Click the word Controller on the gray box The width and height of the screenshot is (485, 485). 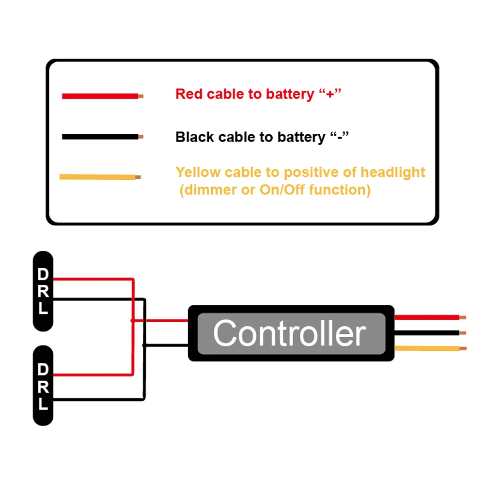point(289,333)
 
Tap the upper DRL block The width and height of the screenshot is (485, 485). point(43,291)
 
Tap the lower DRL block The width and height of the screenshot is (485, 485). point(43,386)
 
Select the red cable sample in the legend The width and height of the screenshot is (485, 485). point(100,96)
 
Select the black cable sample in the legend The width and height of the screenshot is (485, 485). point(100,137)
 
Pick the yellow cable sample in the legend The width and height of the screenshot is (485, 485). point(97,177)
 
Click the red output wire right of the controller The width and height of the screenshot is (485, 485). point(426,318)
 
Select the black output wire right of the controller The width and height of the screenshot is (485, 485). point(426,333)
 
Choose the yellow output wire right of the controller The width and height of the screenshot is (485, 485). point(426,348)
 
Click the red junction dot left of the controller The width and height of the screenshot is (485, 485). point(133,320)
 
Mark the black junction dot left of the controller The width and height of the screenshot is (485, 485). point(144,345)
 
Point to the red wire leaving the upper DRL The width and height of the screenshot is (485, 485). point(92,279)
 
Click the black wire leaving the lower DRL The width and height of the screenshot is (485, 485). point(97,400)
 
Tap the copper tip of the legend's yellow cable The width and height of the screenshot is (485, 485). point(138,177)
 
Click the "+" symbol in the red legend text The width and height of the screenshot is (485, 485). point(330,94)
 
